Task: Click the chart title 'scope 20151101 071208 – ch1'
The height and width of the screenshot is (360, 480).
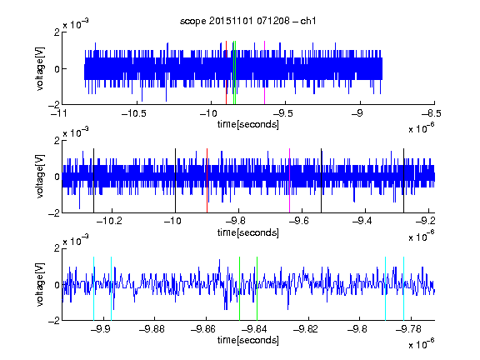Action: (248, 21)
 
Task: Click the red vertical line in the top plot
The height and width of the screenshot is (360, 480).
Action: (226, 72)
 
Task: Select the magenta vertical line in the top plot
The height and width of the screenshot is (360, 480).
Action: (264, 72)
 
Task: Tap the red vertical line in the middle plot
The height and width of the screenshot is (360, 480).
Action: (207, 181)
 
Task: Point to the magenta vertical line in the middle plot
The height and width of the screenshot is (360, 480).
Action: (289, 181)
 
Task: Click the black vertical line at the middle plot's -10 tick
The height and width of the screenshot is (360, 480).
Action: (175, 181)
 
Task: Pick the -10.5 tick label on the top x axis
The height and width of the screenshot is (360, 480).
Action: (134, 114)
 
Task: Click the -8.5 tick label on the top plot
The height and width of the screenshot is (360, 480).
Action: (432, 114)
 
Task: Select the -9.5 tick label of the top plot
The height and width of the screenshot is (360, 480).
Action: (282, 114)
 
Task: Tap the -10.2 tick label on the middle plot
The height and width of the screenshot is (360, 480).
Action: (110, 221)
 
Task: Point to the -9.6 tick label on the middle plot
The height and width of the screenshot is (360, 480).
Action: (299, 221)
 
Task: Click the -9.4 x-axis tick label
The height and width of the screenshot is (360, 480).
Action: (362, 221)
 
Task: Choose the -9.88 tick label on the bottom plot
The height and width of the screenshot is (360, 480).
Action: (152, 329)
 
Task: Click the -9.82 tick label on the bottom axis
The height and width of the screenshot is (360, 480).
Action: (306, 329)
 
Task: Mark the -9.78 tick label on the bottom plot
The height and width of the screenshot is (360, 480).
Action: (408, 329)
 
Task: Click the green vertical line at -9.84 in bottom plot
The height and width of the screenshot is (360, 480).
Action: (257, 288)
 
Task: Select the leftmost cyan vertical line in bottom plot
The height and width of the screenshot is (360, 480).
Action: (93, 288)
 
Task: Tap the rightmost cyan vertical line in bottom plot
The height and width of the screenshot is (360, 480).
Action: (403, 288)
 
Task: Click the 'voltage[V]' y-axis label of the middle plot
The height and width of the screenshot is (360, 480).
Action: (40, 176)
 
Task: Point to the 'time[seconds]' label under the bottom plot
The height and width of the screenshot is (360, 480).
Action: (248, 340)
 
